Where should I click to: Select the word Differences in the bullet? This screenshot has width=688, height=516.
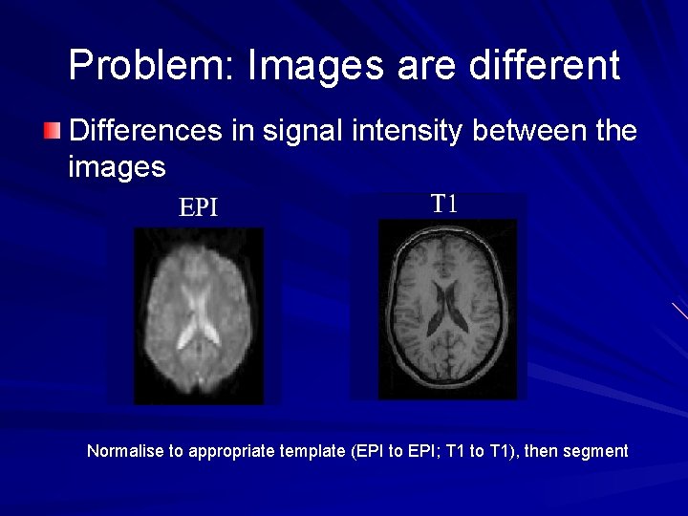coord(145,130)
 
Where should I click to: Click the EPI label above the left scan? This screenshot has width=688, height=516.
coord(199,207)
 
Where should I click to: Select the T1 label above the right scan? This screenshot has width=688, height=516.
coord(444,203)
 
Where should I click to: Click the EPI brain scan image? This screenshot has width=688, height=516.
coord(199,311)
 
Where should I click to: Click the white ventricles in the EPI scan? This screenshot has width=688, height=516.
coord(199,320)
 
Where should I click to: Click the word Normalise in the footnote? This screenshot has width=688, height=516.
coord(125,451)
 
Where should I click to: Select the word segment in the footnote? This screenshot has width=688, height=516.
coord(596,451)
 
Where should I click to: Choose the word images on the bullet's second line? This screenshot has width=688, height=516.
coord(117,168)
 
